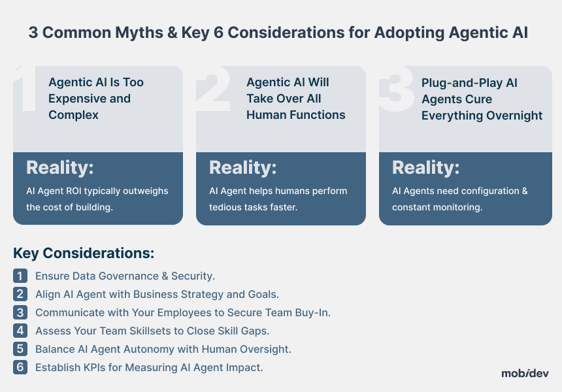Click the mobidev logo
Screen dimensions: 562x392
click(x=525, y=373)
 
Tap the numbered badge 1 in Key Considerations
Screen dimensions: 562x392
click(x=20, y=276)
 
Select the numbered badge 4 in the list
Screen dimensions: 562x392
click(x=20, y=331)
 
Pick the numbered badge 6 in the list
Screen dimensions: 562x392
click(x=20, y=367)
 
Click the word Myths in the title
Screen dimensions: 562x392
click(x=139, y=33)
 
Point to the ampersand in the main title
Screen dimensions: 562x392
click(x=172, y=33)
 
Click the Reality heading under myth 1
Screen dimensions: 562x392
click(x=60, y=168)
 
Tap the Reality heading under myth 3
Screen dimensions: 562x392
click(x=426, y=168)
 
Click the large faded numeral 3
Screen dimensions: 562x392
click(x=396, y=88)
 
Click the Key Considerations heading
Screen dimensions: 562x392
click(x=84, y=253)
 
